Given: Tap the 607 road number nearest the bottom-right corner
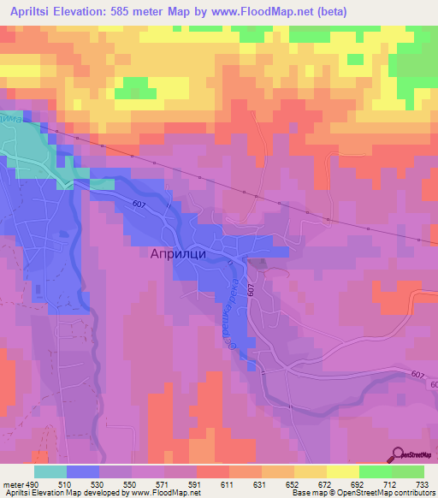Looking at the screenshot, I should point(417,374).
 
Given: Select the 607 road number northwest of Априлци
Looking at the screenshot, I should point(140,203).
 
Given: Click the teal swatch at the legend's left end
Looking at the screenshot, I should point(50,471).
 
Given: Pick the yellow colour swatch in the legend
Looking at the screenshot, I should point(343,471).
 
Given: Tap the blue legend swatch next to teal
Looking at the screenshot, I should point(83,471).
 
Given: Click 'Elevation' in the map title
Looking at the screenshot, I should point(92,11).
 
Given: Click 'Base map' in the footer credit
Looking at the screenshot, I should point(309,494).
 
